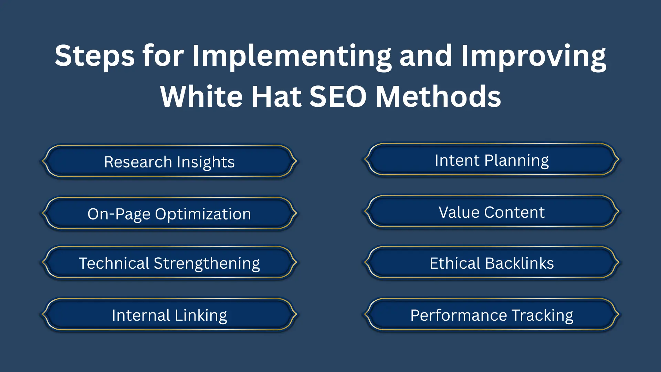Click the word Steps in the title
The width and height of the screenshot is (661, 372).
coord(95,56)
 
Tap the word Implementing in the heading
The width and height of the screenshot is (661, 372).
coord(291,56)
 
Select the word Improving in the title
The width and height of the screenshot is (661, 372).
coord(533,56)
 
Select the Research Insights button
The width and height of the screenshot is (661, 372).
coord(169,162)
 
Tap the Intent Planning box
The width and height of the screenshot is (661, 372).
coord(492,160)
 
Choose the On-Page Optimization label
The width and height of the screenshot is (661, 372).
coord(169,214)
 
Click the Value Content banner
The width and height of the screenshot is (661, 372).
coord(492,212)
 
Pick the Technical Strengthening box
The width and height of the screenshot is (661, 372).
coord(169,263)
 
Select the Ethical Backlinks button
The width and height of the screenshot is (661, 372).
coord(492,263)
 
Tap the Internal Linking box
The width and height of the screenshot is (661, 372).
coord(169,315)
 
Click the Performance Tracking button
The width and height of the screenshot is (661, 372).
coord(492,315)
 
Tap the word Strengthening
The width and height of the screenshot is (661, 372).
coord(207,263)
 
